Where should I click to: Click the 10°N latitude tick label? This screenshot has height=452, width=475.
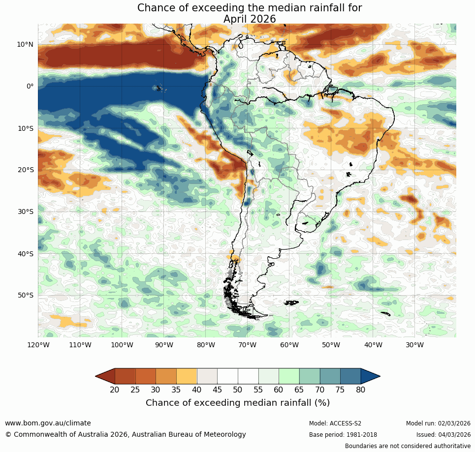coord(25,44)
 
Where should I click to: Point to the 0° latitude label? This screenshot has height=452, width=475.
coord(30,86)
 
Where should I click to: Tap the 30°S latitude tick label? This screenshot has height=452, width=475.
coord(25,211)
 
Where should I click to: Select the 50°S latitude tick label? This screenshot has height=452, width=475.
coord(25,295)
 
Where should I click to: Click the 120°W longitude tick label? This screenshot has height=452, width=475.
coord(38,345)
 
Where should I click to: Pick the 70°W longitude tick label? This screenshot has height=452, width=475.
coord(247,345)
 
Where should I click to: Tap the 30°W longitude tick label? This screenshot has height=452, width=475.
coord(414,345)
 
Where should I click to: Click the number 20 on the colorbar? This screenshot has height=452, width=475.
coord(115,390)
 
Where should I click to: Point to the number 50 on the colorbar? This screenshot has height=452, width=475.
coord(238,390)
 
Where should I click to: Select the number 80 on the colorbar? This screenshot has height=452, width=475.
coord(361,390)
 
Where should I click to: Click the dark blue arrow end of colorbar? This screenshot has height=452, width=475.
coord(370,376)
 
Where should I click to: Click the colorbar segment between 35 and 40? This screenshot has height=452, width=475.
coord(187,376)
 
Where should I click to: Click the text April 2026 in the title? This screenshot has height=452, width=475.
coord(249,19)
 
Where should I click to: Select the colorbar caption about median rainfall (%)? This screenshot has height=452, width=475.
coord(238,403)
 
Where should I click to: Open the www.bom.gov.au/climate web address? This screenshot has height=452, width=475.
coord(48,423)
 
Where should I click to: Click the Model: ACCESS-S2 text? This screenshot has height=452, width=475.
coord(335,423)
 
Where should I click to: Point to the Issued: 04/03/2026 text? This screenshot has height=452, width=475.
coord(443,435)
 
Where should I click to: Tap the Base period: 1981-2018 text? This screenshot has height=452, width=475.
coord(343,435)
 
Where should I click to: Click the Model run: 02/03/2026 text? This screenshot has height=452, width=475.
coord(438,423)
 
